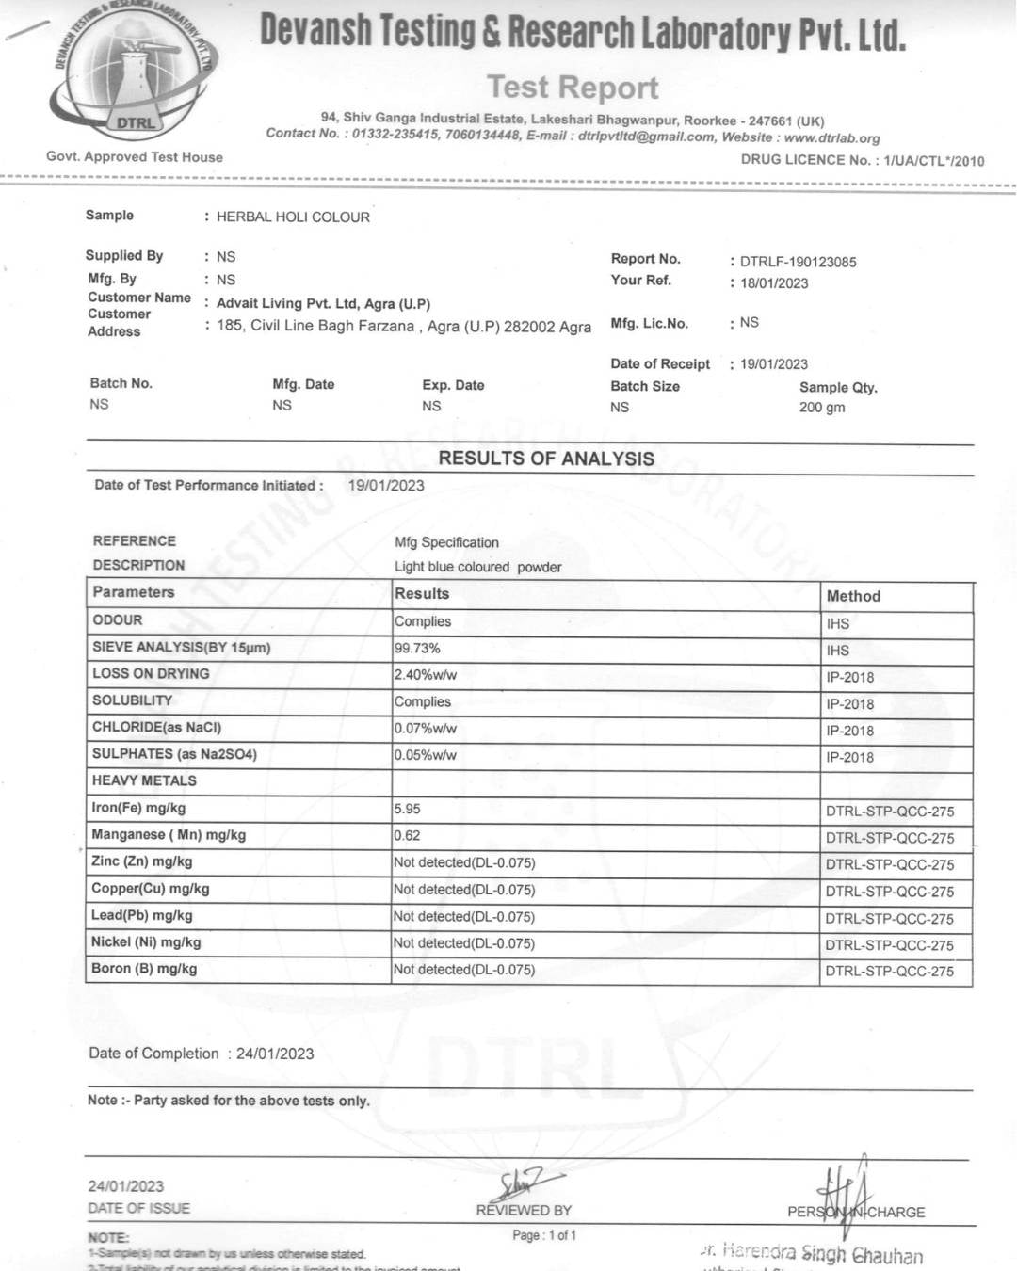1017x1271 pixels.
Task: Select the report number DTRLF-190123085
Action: tap(798, 262)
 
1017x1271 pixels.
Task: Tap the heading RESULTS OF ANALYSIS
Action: tap(546, 459)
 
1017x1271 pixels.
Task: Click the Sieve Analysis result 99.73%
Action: tap(417, 649)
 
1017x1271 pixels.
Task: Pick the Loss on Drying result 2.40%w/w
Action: tap(426, 675)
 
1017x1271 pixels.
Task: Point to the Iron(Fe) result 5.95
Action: tap(408, 809)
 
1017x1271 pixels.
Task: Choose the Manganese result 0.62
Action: tap(408, 835)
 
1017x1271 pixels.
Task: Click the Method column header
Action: tap(853, 596)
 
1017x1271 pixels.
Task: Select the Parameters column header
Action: tap(134, 592)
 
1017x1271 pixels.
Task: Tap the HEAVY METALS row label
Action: tap(144, 780)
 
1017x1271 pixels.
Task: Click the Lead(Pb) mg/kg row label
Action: tap(142, 915)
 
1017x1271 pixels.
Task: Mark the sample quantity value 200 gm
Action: tap(822, 408)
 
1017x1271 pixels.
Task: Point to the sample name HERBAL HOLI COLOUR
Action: tap(293, 217)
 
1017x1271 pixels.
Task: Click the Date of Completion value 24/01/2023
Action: tap(275, 1054)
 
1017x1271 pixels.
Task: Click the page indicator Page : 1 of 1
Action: tap(544, 1235)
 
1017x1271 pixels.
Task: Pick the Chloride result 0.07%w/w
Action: tap(426, 729)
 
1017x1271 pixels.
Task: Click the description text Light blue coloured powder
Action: tap(477, 567)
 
